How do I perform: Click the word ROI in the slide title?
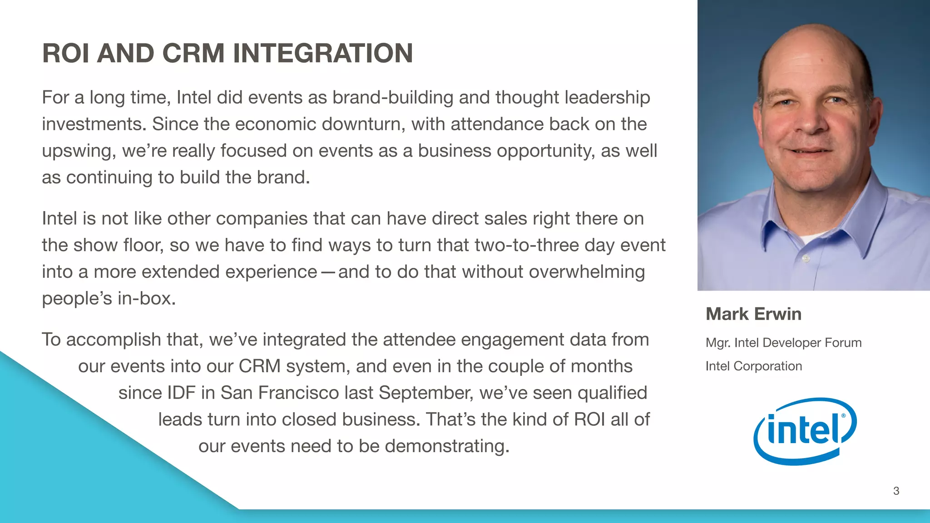(x=66, y=53)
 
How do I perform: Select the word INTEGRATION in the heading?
(x=323, y=53)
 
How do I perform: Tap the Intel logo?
(x=805, y=431)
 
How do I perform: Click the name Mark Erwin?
(x=753, y=314)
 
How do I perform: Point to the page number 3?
(x=896, y=491)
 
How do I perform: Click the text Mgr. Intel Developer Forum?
(x=783, y=343)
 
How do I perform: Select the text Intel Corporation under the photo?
(x=753, y=366)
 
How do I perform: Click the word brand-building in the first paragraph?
(x=393, y=98)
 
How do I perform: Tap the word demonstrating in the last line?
(x=447, y=446)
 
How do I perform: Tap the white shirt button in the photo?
(x=806, y=258)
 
